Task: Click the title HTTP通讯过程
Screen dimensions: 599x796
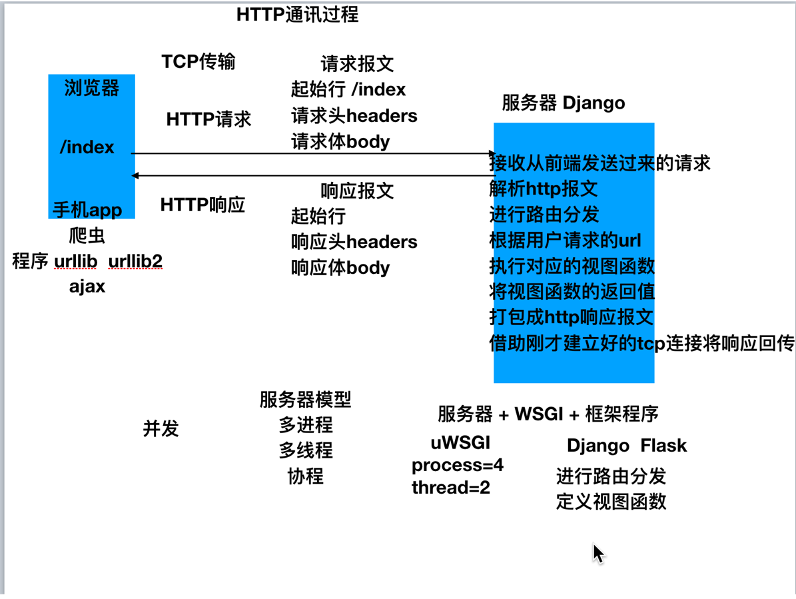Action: (297, 15)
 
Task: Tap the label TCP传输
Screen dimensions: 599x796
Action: (198, 62)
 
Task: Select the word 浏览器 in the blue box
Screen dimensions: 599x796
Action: (91, 87)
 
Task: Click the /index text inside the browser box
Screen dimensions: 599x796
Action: (87, 147)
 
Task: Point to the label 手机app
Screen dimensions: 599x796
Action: (87, 211)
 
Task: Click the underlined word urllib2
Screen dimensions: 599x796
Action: (135, 261)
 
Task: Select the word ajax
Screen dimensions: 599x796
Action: (87, 287)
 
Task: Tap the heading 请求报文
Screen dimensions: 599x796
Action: (357, 65)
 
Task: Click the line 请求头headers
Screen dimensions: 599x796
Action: (354, 116)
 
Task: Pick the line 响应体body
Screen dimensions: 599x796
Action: (340, 268)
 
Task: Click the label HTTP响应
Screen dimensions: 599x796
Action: (202, 205)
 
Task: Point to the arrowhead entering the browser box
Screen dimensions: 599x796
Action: (135, 175)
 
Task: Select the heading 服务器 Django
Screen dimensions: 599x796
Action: (563, 103)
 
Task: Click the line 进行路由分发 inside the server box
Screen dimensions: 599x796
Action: (544, 214)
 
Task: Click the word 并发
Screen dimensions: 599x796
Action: (161, 428)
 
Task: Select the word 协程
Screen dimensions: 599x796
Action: (305, 476)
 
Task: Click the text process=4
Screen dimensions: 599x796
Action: (458, 465)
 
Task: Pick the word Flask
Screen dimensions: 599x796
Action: (663, 446)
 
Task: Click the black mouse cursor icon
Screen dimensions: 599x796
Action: (598, 553)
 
